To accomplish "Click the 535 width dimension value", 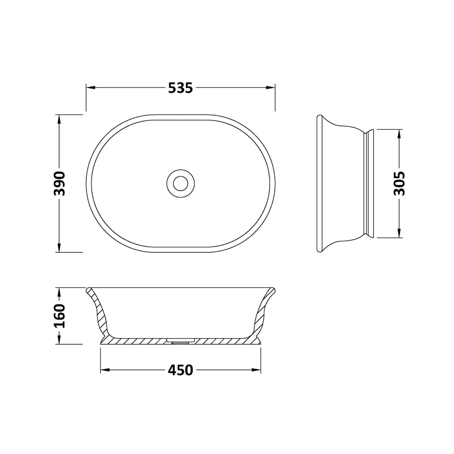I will click(180, 88).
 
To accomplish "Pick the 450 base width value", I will click(180, 370).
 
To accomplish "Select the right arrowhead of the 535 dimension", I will click(271, 88).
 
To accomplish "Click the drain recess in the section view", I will click(180, 340).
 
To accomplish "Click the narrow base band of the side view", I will click(370, 183).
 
